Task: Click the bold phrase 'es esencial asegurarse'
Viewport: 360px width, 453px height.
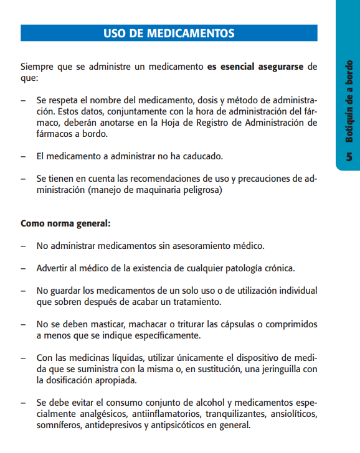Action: tap(256, 67)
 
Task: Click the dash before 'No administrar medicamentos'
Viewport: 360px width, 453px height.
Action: tap(23, 246)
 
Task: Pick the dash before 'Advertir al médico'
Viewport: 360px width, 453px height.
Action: tap(23, 268)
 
